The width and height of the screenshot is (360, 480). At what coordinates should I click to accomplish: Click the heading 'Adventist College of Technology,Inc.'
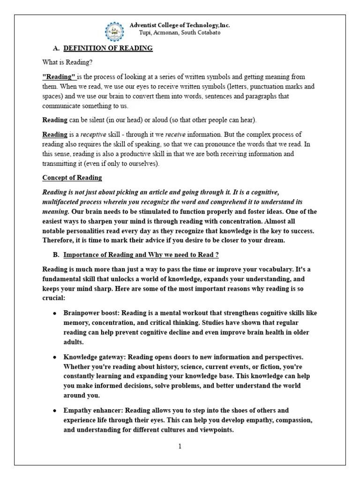point(180,25)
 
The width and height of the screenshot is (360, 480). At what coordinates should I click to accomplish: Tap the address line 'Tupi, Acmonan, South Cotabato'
point(180,33)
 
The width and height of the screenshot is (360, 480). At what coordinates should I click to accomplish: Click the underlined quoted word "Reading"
point(60,76)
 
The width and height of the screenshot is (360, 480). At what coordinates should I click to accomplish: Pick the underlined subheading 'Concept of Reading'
point(72,178)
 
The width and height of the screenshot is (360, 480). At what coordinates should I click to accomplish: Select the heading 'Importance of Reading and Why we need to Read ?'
point(141,255)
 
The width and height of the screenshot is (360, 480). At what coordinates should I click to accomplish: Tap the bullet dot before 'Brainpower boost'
point(55,313)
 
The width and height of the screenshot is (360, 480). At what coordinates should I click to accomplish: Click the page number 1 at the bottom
point(180,446)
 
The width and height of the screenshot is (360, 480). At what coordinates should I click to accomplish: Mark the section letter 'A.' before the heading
point(56,49)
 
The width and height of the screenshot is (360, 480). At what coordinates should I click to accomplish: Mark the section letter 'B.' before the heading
point(56,255)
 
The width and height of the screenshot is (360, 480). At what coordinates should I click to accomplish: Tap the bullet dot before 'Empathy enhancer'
point(55,411)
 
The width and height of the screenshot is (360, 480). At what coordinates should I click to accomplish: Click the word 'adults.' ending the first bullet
point(74,342)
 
